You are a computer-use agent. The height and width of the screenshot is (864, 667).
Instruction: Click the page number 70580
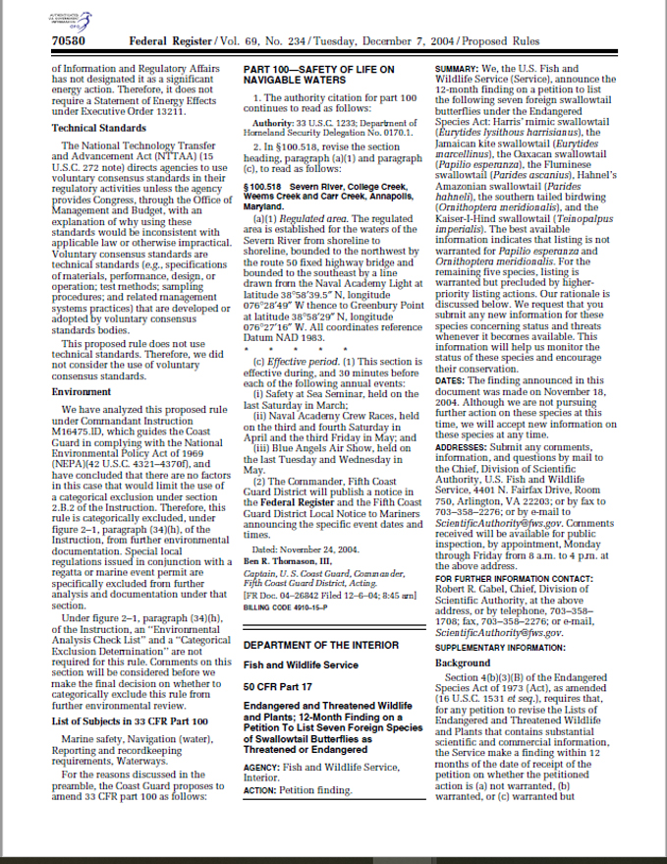pos(68,41)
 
